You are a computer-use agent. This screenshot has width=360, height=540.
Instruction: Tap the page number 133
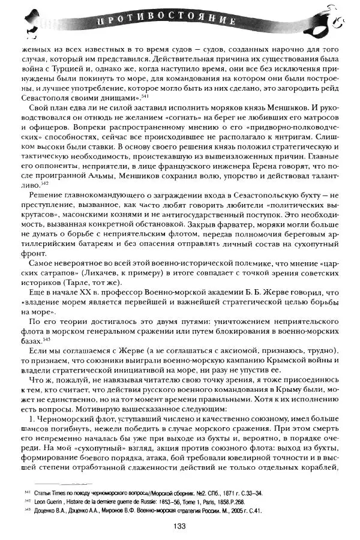178,526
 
